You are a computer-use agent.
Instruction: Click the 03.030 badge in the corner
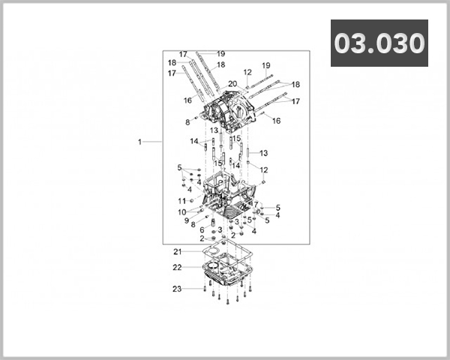click(379, 43)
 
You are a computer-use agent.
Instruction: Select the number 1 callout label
click(139, 141)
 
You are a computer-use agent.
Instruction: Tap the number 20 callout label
click(232, 83)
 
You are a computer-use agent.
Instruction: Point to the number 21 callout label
click(178, 251)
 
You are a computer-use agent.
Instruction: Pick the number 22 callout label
click(177, 268)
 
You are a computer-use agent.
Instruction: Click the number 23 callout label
click(177, 289)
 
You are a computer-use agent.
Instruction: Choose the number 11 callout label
click(181, 201)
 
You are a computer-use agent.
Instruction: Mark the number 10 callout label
click(182, 212)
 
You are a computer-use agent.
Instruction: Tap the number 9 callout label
click(187, 220)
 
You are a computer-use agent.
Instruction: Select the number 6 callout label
click(202, 230)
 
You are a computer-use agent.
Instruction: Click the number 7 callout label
click(255, 204)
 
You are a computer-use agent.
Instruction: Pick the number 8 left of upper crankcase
click(187, 121)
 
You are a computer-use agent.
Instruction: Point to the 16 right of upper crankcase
click(276, 120)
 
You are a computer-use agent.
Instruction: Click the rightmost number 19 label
click(265, 65)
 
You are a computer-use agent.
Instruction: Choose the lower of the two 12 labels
click(263, 170)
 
